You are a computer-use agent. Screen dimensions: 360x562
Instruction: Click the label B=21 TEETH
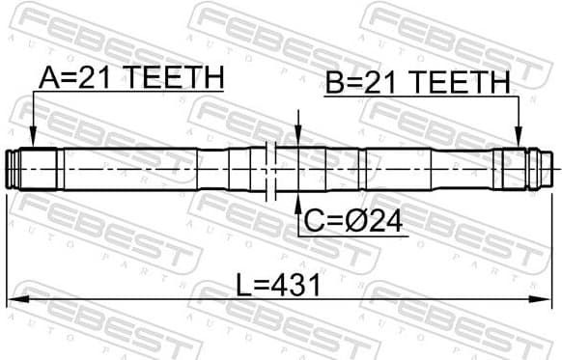(x=417, y=83)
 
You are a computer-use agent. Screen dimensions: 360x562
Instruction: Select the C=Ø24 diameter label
(x=353, y=222)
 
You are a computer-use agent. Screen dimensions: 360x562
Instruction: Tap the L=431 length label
(x=280, y=286)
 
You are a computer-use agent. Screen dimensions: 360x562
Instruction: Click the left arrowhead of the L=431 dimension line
(x=14, y=299)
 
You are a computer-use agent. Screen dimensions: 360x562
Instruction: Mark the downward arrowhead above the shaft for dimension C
(x=298, y=134)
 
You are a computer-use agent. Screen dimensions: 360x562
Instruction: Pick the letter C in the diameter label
(x=314, y=222)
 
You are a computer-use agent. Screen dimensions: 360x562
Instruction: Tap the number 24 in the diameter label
(x=384, y=222)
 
